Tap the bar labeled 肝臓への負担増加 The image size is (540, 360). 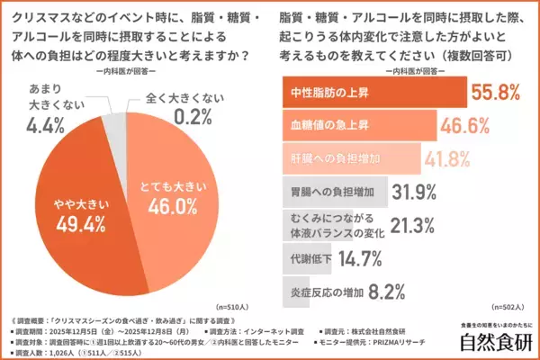pyautogui.click(x=346, y=158)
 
